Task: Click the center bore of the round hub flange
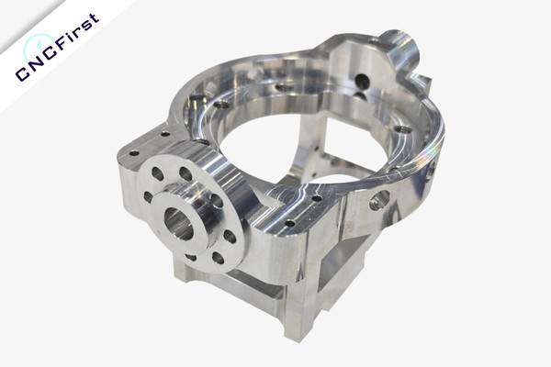pyautogui.click(x=177, y=223)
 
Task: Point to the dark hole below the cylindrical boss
pyautogui.click(x=363, y=83)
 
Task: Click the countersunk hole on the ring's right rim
pyautogui.click(x=402, y=130)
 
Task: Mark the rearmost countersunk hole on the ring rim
pyautogui.click(x=284, y=88)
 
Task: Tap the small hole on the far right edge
pyautogui.click(x=431, y=170)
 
